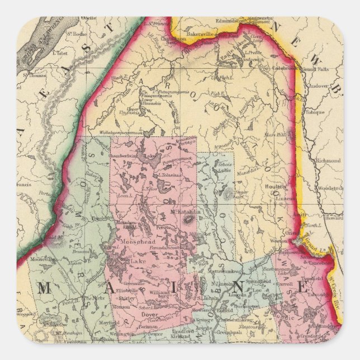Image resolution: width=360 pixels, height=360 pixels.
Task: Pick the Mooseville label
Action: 42,259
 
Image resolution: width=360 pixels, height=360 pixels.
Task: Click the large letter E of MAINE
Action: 304,288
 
